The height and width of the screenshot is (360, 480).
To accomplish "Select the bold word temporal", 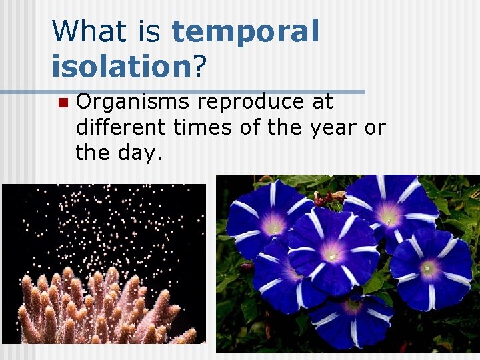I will pyautogui.click(x=245, y=33).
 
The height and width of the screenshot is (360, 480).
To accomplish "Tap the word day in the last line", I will pyautogui.click(x=144, y=153).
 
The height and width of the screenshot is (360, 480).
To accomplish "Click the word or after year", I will pyautogui.click(x=375, y=128).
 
